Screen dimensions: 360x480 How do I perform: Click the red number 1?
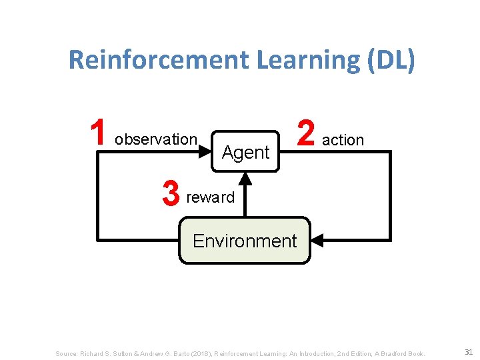pos(98,133)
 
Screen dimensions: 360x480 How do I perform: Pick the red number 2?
pos(306,133)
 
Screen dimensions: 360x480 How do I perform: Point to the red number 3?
pos(171,195)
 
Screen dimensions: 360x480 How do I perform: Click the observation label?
pos(156,139)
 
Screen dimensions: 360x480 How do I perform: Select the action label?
pos(343,140)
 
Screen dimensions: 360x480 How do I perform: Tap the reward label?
pos(211,197)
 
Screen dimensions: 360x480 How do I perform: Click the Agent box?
pos(245,152)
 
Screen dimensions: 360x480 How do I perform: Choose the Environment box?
pos(245,241)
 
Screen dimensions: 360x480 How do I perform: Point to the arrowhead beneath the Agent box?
pos(245,178)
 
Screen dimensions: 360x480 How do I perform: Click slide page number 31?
pos(468,352)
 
